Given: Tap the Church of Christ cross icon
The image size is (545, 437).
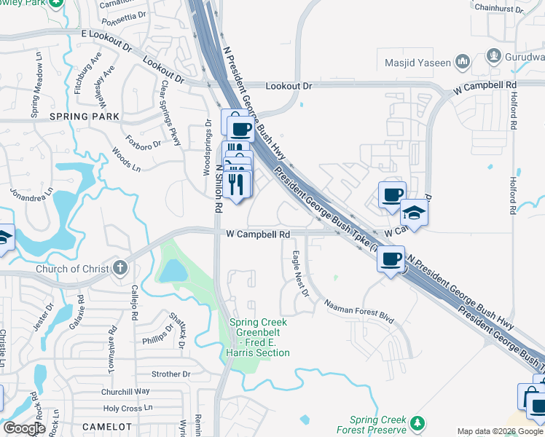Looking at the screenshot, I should (x=120, y=269).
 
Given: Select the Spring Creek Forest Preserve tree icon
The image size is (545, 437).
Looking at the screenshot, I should (x=417, y=423).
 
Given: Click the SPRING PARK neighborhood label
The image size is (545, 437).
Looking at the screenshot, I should (x=79, y=117).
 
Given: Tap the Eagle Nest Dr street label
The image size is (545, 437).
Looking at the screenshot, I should (x=300, y=274).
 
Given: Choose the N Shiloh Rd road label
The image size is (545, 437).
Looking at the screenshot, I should (x=218, y=187).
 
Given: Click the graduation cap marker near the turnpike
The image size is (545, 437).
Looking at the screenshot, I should (x=414, y=213).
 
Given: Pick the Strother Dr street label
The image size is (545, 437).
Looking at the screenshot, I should (x=170, y=374).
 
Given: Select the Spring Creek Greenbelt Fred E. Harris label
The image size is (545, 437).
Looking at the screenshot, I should (x=259, y=337).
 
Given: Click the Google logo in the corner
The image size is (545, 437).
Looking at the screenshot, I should (x=24, y=428).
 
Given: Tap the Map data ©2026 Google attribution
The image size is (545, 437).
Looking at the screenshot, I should (x=500, y=432).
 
